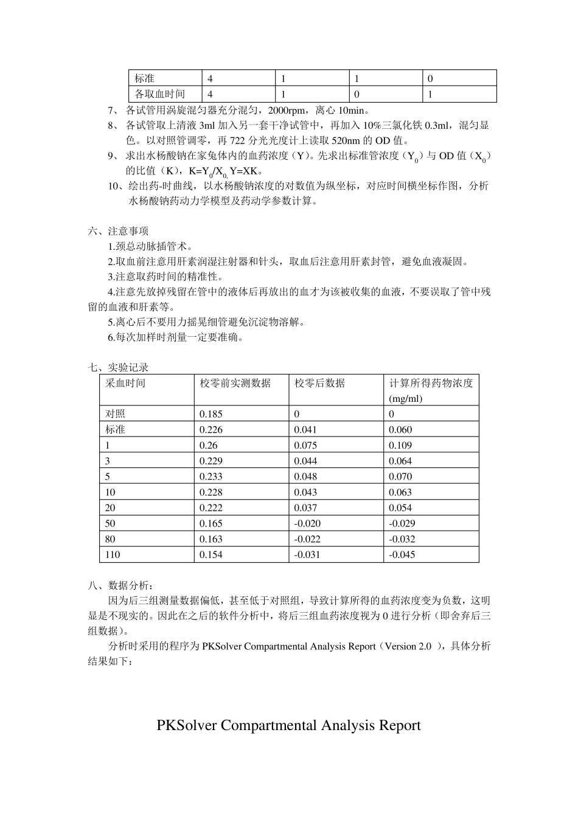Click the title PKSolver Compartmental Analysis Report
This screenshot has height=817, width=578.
point(288,725)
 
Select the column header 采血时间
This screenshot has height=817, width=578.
point(126,383)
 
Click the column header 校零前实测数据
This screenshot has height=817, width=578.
point(235,383)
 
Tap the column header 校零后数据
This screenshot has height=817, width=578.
point(319,383)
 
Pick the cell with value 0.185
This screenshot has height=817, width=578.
point(211,414)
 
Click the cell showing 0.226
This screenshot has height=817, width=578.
point(211,430)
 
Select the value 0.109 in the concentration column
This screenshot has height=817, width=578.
point(400,445)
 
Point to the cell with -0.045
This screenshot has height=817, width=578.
point(402,554)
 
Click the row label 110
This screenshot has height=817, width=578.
point(113,554)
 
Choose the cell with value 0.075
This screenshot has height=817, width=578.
point(305,445)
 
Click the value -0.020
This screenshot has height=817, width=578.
point(307,523)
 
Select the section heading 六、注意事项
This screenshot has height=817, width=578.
point(118,231)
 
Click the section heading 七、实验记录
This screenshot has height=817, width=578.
point(118,367)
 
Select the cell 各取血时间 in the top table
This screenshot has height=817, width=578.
point(159,94)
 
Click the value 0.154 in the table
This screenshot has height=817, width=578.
point(211,554)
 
